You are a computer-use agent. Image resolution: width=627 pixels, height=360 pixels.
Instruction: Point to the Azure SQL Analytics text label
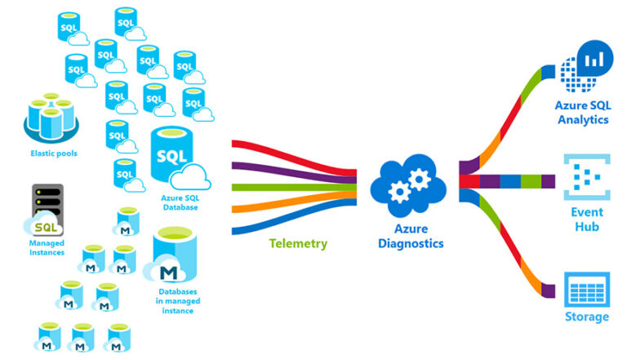[583, 112]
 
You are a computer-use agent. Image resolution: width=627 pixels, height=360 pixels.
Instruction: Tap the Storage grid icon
[583, 291]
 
